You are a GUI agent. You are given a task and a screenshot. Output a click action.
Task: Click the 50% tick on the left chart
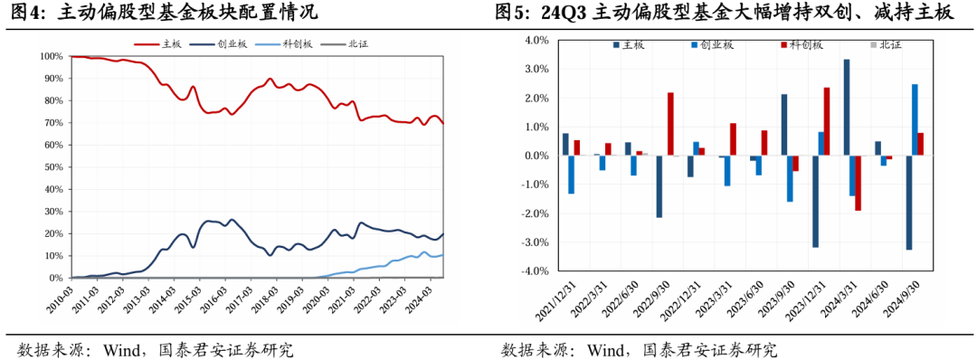point(52,167)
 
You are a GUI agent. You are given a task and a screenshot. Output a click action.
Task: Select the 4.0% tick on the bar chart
point(536,41)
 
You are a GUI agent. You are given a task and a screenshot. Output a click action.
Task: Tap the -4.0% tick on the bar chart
point(534,271)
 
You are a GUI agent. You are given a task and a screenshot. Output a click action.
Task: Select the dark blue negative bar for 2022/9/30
point(659,186)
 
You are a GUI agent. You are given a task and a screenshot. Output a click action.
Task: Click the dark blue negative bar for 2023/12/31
point(815,202)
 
